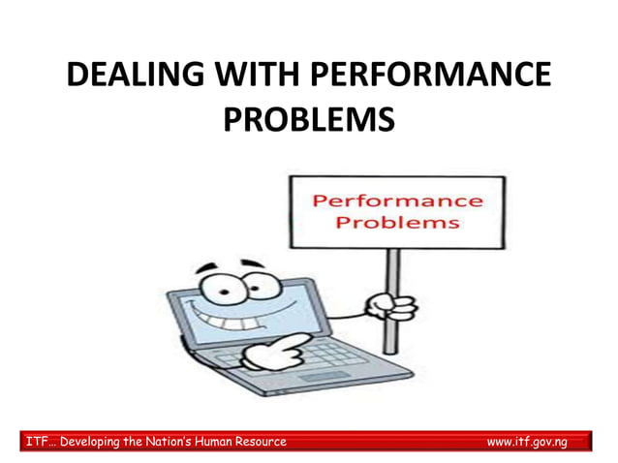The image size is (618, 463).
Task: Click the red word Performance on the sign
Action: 397,201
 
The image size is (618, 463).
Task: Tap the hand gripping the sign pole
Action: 391,307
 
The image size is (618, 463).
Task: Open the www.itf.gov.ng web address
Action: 526,442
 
